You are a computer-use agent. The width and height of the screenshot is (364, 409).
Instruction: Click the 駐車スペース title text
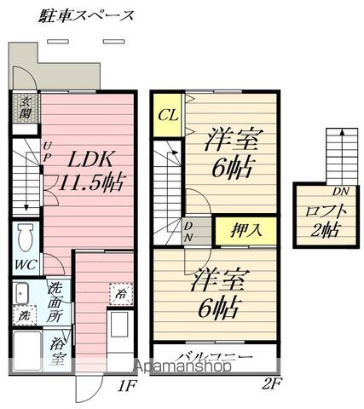[86, 15]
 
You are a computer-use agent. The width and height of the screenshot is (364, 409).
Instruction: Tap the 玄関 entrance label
[25, 108]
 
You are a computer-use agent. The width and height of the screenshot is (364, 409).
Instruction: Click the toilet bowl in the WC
[25, 237]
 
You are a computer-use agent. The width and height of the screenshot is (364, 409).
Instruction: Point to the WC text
[26, 265]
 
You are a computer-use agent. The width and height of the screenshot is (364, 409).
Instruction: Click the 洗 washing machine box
[25, 315]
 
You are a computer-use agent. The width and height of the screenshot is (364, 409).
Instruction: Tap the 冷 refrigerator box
[121, 294]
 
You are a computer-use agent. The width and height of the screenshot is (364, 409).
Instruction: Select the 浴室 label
[58, 351]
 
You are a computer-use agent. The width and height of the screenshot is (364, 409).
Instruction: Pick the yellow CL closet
[168, 115]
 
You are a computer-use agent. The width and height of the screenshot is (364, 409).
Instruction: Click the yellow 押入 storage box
[246, 230]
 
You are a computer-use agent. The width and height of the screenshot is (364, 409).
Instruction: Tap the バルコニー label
[217, 357]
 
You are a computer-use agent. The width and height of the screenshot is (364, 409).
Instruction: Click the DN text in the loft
[341, 192]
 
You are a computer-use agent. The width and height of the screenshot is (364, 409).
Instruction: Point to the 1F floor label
[127, 386]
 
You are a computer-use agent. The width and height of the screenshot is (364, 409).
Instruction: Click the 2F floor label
[271, 385]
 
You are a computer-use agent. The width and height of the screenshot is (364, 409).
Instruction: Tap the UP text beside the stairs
[47, 153]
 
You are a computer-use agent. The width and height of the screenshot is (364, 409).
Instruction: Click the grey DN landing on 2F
[197, 231]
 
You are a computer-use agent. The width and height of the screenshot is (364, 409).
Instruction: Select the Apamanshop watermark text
[183, 366]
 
